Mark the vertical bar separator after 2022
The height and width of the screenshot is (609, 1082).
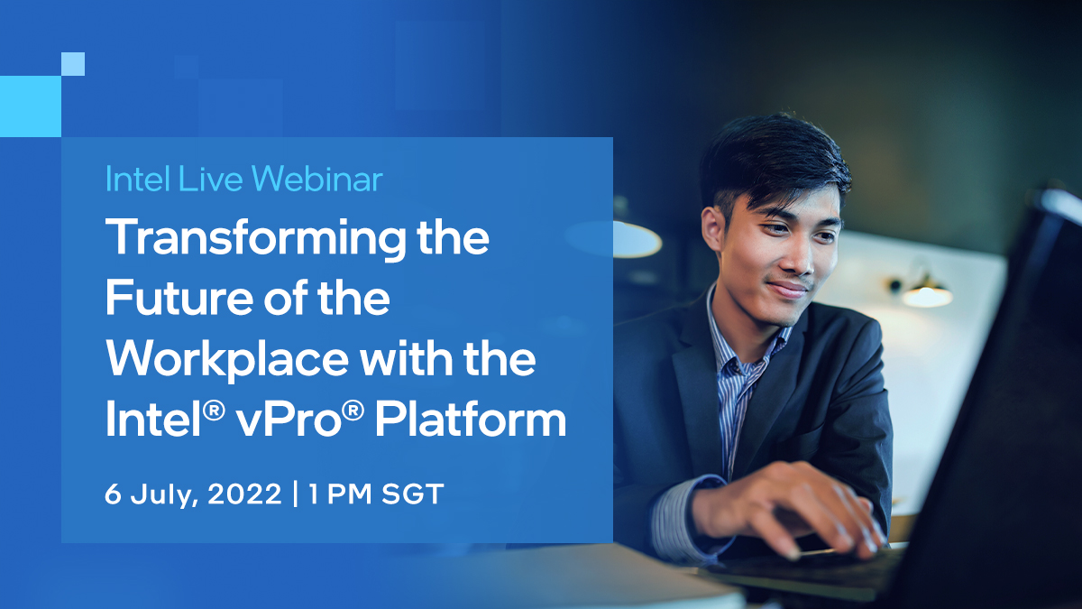(295, 496)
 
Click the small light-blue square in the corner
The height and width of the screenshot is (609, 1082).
(73, 64)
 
